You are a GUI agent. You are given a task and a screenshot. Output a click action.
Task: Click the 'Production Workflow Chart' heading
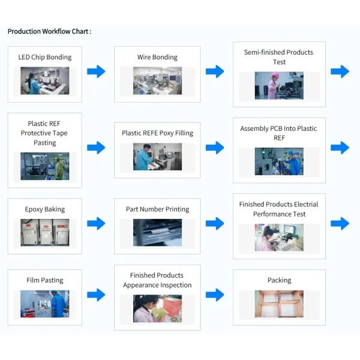(49, 31)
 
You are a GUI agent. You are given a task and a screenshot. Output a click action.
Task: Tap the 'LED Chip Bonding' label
(45, 58)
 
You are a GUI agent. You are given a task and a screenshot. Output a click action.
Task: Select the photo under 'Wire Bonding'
(157, 80)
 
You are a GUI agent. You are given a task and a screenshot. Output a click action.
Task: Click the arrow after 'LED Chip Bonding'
(96, 72)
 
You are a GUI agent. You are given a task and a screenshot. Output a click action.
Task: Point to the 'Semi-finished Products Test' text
(278, 57)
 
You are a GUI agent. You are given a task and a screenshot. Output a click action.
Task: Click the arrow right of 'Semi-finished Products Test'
(340, 72)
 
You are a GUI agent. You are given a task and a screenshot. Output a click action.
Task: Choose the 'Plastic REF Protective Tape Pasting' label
(44, 133)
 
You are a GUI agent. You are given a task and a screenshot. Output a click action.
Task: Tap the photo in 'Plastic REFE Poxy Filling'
(157, 157)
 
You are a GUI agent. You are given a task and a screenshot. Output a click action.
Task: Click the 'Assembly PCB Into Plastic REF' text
(278, 133)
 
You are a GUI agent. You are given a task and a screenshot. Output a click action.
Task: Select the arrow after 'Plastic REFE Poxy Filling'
(215, 148)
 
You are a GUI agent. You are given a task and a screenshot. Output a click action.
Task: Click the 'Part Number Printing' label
(157, 209)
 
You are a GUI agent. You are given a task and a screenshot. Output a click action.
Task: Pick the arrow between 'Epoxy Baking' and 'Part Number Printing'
(96, 223)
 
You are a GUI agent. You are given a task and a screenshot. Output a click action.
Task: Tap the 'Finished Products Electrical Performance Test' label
(278, 209)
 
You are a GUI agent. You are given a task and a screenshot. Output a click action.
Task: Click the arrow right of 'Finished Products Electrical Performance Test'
(340, 223)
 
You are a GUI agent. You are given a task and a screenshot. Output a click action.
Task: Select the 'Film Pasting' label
(45, 280)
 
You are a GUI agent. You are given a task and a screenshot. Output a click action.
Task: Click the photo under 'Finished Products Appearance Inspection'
(157, 308)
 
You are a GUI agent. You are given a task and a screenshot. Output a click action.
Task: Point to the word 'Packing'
(279, 280)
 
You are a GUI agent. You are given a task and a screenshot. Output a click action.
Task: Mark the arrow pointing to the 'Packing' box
(215, 295)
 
